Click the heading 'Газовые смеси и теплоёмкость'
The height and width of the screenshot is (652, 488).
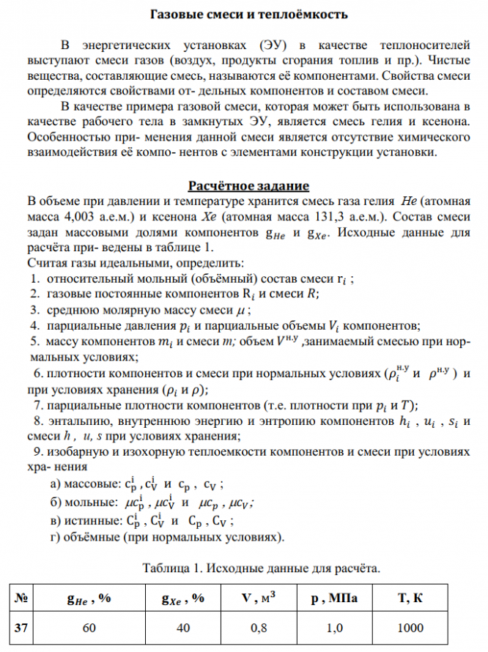244,14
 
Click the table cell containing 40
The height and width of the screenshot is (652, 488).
182,628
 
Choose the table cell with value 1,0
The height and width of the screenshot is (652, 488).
334,628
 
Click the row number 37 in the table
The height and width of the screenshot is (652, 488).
23,628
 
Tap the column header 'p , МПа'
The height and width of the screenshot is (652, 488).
334,599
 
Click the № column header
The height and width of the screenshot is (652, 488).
22,599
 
